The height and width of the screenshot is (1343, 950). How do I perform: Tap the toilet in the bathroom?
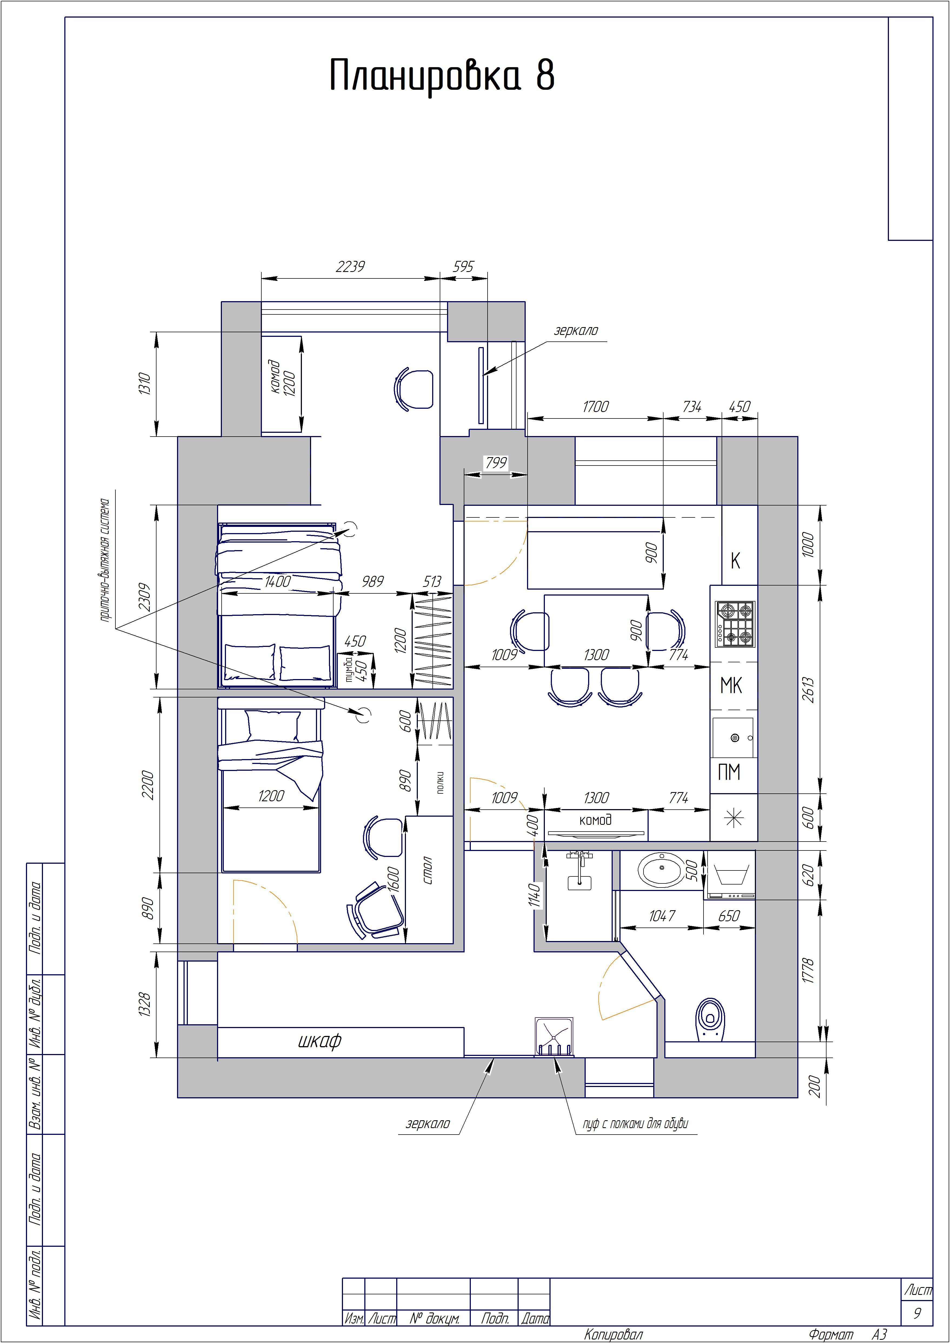click(x=710, y=1019)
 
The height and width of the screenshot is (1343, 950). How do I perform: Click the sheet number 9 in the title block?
click(x=917, y=1313)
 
